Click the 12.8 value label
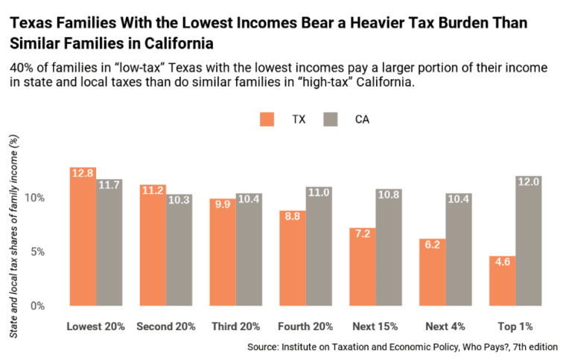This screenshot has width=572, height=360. coord(83,173)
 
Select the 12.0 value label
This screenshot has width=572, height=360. coord(528,182)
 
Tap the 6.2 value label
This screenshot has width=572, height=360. coord(431,244)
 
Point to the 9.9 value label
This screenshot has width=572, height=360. coord(222,203)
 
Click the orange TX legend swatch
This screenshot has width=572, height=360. coord(267,119)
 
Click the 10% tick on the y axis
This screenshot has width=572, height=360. coord(35,198)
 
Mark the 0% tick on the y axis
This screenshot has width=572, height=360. coord(38,306)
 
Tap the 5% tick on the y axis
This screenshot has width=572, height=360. coord(38,252)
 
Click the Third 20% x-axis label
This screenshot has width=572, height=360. coord(235,326)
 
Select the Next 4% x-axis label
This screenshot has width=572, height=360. coord(445,326)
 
